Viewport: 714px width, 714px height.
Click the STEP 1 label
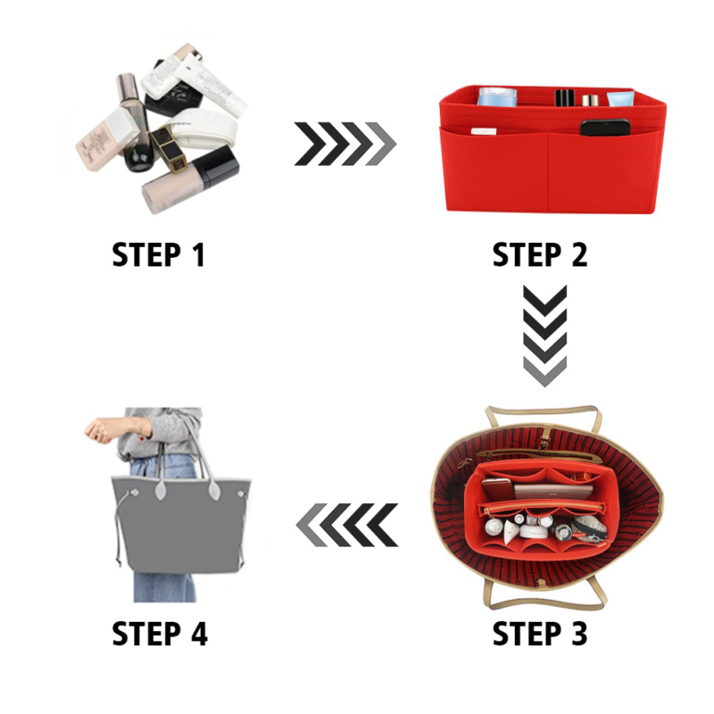click(158, 254)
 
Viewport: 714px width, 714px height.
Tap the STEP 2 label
click(540, 254)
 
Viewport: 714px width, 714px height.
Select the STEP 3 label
click(540, 633)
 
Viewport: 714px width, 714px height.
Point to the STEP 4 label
click(160, 633)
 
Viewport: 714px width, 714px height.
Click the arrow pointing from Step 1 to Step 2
click(345, 144)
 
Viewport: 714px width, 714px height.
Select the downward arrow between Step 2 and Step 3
click(545, 336)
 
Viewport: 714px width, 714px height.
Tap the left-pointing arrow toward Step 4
click(347, 525)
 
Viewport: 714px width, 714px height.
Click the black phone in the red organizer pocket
click(605, 128)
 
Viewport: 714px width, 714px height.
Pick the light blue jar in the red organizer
click(498, 96)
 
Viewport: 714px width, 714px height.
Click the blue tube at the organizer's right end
click(620, 99)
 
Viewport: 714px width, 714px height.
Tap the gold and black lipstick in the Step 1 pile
click(170, 149)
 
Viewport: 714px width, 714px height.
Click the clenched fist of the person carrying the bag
click(98, 429)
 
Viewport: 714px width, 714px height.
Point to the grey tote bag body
click(181, 525)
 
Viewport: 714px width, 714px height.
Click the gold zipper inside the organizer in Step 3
click(542, 508)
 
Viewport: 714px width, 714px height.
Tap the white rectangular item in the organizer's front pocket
click(484, 131)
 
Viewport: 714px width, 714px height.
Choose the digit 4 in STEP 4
click(199, 633)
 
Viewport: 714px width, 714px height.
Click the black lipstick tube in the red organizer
click(565, 98)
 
